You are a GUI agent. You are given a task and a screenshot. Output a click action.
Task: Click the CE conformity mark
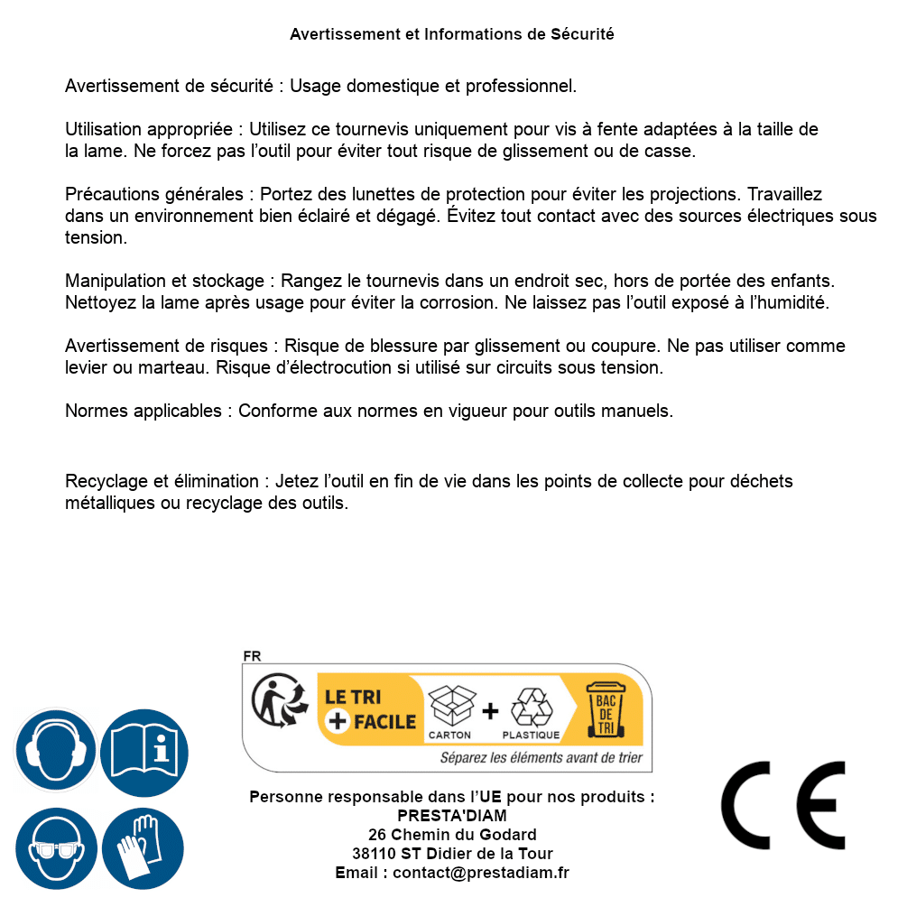(x=783, y=806)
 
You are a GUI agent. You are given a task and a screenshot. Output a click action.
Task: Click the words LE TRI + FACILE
(x=370, y=709)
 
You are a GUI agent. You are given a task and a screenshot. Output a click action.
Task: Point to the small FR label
(x=252, y=656)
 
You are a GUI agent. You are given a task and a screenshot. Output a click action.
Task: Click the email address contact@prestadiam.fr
(x=481, y=873)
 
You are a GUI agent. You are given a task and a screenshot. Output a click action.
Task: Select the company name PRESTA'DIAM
(x=452, y=816)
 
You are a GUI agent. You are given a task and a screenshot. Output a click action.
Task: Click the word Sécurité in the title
(x=582, y=34)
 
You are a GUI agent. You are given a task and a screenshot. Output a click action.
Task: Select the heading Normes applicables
(x=143, y=411)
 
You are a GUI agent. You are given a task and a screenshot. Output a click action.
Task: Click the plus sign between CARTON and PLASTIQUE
(x=490, y=711)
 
